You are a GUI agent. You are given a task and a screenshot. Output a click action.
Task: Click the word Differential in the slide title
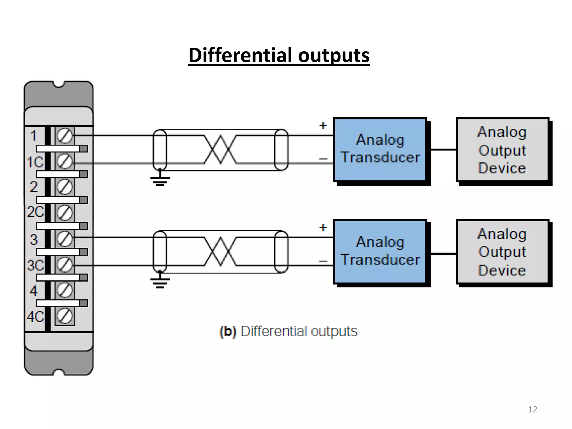click(x=241, y=55)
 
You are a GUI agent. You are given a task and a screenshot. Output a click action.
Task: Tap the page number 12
click(x=532, y=409)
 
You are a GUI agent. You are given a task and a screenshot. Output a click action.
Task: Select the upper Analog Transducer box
click(x=380, y=149)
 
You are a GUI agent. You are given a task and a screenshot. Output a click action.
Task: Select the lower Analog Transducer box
click(x=380, y=251)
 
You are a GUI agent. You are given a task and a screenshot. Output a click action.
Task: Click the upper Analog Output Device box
click(x=502, y=150)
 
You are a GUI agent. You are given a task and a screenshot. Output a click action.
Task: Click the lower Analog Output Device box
click(x=502, y=252)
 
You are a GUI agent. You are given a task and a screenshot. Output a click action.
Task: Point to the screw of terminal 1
click(x=65, y=136)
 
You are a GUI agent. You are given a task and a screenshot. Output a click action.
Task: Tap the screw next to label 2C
click(x=65, y=213)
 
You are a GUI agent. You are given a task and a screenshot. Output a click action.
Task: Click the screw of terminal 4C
click(x=65, y=316)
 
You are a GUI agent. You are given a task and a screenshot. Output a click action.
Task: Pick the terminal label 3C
click(x=35, y=265)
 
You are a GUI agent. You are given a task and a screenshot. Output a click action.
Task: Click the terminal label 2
click(x=33, y=187)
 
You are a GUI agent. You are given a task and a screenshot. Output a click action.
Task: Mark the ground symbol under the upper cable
click(x=160, y=180)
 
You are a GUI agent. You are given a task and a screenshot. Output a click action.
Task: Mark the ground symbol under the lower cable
click(x=160, y=282)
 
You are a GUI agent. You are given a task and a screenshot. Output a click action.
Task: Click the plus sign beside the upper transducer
click(x=323, y=125)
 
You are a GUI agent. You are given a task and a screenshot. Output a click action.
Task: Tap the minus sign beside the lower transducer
click(x=323, y=261)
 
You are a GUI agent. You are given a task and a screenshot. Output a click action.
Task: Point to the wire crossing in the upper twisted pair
click(x=220, y=149)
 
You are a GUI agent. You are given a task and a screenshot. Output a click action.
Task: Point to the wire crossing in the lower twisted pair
click(x=220, y=251)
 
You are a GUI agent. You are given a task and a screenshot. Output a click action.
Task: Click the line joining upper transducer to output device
click(x=443, y=149)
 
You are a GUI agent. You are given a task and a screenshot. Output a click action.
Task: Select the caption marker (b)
click(x=228, y=332)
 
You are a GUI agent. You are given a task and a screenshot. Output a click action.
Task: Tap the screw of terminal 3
click(x=65, y=239)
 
